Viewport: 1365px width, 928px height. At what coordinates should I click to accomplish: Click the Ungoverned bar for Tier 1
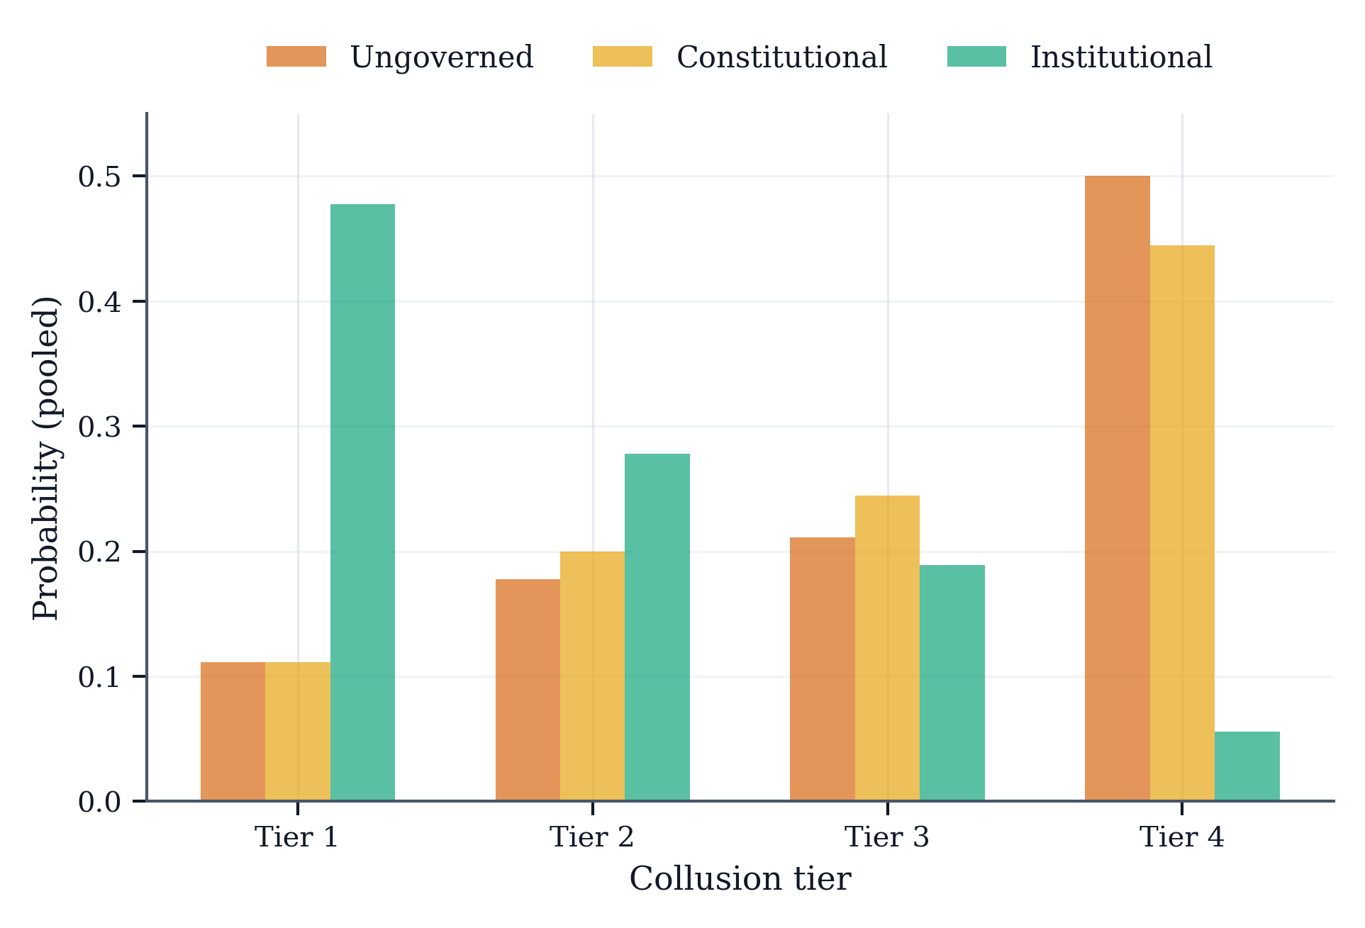pyautogui.click(x=233, y=731)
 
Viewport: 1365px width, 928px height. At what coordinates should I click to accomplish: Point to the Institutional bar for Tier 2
pyautogui.click(x=657, y=627)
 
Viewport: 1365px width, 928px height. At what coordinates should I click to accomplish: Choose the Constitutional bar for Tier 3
pyautogui.click(x=886, y=648)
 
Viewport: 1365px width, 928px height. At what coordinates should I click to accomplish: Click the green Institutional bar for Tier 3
pyautogui.click(x=952, y=682)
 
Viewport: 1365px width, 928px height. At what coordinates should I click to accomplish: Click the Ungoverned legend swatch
pyautogui.click(x=296, y=57)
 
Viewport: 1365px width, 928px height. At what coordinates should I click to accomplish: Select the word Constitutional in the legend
pyautogui.click(x=781, y=57)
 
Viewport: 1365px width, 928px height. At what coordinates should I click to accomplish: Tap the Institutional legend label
pyautogui.click(x=1120, y=57)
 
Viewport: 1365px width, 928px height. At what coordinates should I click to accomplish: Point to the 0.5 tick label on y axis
pyautogui.click(x=99, y=177)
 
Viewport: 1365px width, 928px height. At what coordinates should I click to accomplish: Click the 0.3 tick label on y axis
pyautogui.click(x=99, y=427)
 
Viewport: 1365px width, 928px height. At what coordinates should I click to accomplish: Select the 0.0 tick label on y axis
pyautogui.click(x=99, y=802)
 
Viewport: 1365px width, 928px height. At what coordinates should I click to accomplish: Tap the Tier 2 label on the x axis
pyautogui.click(x=591, y=837)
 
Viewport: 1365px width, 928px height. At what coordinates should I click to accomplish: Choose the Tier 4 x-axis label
pyautogui.click(x=1181, y=837)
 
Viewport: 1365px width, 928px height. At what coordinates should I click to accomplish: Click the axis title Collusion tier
pyautogui.click(x=740, y=879)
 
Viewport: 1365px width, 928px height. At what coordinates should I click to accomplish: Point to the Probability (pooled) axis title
pyautogui.click(x=46, y=457)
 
